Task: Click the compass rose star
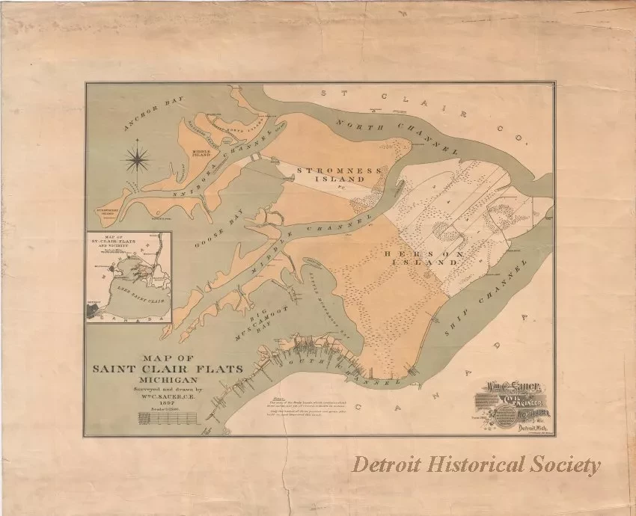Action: [138, 157]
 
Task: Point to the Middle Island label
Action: [202, 153]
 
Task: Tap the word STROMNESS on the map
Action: [328, 171]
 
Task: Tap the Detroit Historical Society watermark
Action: [477, 465]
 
